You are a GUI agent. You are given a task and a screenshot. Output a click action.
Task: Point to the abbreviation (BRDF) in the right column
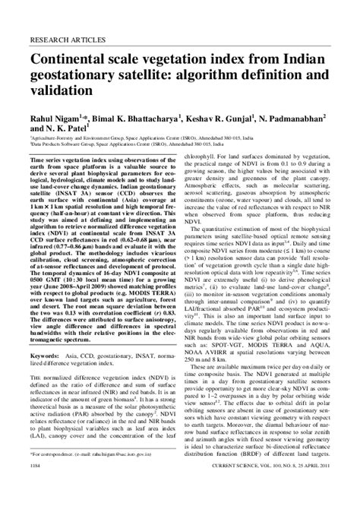tap(254, 473)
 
